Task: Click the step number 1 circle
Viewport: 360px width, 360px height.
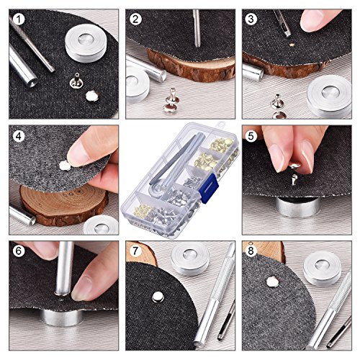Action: tap(19, 19)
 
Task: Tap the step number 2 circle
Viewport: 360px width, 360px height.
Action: tap(135, 19)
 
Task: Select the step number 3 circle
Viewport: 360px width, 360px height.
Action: tap(251, 19)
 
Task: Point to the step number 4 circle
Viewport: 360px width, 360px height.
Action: tap(19, 136)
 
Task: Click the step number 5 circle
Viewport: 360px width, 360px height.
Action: tap(251, 136)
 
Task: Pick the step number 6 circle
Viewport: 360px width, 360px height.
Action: tap(19, 251)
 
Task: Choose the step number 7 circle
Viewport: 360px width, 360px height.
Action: tap(135, 251)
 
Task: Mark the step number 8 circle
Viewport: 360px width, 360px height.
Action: tap(251, 251)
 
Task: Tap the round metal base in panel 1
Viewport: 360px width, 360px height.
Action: tap(86, 42)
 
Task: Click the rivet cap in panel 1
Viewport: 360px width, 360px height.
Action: tap(92, 96)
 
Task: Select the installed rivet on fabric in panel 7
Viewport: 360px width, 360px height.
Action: tap(158, 297)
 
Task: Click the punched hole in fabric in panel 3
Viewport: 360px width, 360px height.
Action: tap(292, 45)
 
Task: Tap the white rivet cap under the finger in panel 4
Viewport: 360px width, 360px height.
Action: tap(65, 166)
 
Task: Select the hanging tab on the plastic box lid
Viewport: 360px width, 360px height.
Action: tap(220, 125)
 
